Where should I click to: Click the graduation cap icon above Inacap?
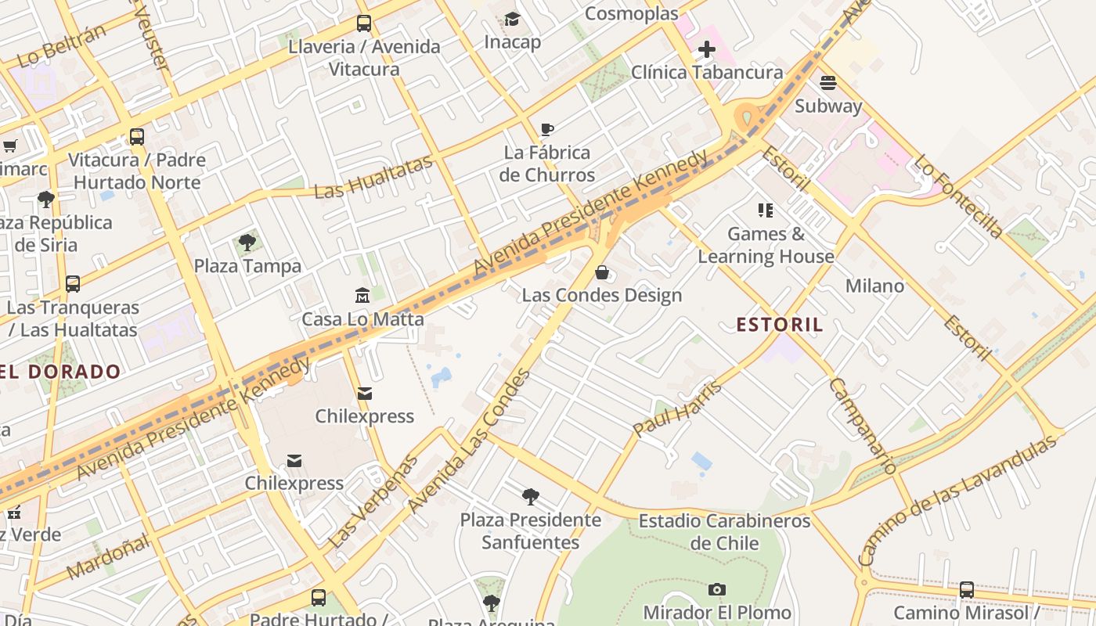tap(512, 19)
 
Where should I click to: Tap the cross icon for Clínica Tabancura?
tap(706, 50)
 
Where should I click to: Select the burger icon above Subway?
tap(828, 83)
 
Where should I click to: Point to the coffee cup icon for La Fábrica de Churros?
tap(547, 129)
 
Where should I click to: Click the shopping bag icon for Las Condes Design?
tap(602, 272)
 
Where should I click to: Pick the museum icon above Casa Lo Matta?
tap(362, 296)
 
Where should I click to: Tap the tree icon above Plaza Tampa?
tap(247, 243)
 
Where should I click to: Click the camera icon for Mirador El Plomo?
tap(716, 589)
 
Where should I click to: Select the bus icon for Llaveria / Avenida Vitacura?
tap(364, 23)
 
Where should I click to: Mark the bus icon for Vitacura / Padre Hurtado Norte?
tap(137, 137)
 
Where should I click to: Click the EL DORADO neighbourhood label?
tap(60, 372)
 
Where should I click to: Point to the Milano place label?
tap(874, 286)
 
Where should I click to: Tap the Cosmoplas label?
tap(632, 13)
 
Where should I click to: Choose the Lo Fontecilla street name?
tap(958, 196)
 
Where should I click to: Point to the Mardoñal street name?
tap(108, 556)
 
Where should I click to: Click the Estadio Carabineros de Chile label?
tap(724, 531)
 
